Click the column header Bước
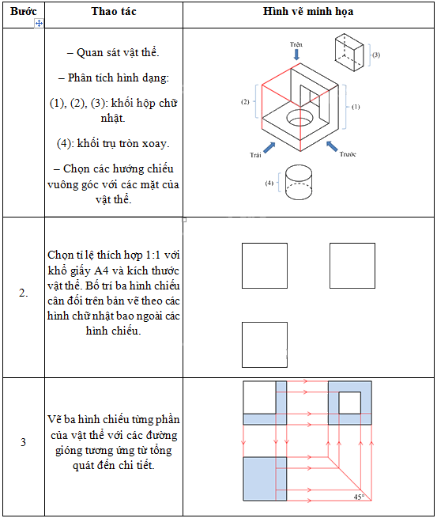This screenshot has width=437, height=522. [23, 11]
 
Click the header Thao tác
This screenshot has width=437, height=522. [114, 11]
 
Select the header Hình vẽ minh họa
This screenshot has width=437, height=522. [308, 11]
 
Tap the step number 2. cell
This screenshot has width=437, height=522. [23, 293]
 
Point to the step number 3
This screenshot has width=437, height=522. [23, 442]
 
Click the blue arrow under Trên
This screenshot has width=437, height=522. [296, 55]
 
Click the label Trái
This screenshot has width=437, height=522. [255, 155]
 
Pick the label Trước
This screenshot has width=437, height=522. [348, 153]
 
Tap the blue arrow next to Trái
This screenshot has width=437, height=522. [269, 147]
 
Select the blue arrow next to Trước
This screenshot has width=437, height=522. [332, 146]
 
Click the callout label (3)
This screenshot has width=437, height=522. [376, 55]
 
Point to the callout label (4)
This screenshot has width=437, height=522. [269, 183]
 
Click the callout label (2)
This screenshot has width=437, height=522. [245, 102]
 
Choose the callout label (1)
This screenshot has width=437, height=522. [356, 107]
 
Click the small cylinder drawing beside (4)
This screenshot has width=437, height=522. [299, 182]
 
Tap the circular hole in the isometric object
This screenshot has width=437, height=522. [299, 118]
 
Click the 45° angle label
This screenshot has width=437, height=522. [359, 497]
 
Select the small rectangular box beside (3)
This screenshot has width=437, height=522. [349, 52]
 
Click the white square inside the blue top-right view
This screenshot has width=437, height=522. [349, 403]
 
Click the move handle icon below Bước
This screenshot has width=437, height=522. [39, 23]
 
